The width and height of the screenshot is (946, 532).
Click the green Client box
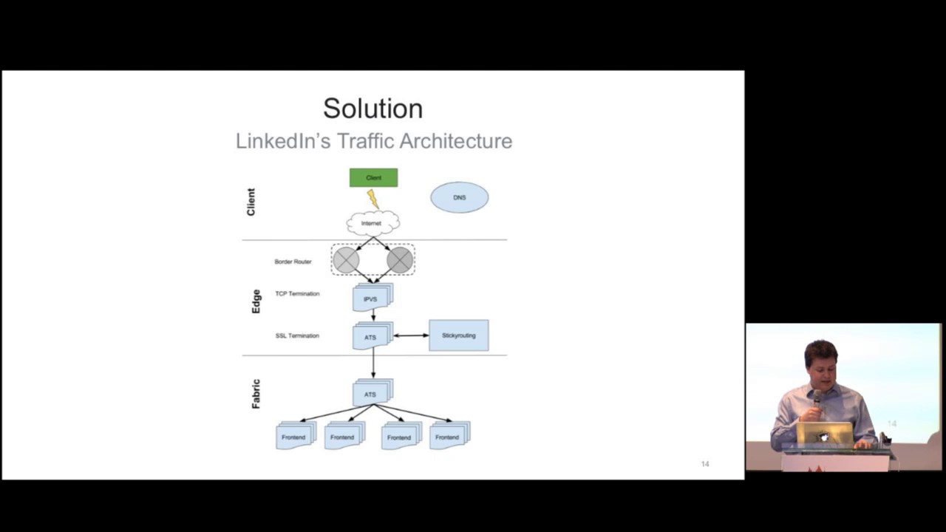373,177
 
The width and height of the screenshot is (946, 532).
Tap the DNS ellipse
459,197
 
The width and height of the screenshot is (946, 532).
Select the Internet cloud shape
372,223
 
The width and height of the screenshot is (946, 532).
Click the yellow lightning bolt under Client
372,199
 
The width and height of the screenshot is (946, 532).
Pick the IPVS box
371,299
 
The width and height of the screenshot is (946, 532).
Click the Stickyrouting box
458,335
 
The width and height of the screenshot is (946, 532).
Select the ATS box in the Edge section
371,337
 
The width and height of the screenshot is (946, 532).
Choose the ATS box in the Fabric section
371,394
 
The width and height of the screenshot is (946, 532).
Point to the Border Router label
293,262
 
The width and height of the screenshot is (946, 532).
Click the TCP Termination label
297,293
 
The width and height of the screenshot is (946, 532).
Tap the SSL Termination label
297,335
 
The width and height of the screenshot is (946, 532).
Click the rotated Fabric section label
256,394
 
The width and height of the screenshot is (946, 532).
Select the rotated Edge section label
256,301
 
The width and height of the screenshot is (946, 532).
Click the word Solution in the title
372,109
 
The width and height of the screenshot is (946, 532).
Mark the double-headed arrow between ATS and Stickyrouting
411,335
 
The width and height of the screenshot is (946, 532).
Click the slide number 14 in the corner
704,464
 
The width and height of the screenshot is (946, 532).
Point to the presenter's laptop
825,434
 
